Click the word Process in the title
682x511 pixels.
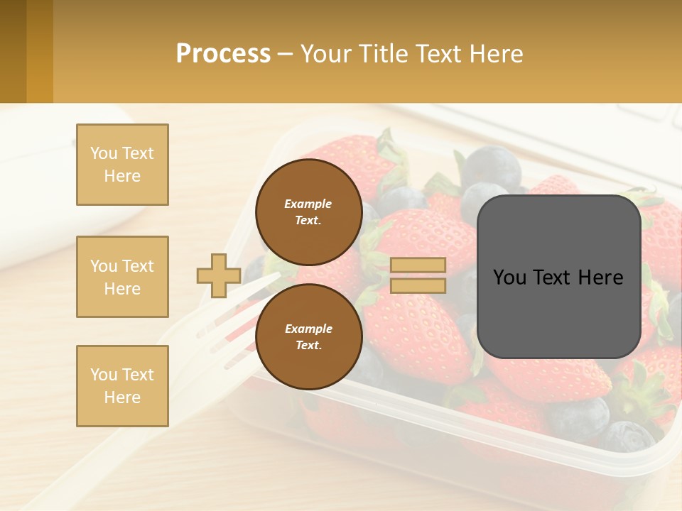223,54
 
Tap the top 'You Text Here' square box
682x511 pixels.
122,165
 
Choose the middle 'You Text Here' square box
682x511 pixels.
122,277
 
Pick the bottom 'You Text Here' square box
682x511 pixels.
122,386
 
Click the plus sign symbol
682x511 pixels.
219,275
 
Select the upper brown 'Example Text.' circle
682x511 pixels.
308,211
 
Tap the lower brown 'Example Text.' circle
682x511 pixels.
308,336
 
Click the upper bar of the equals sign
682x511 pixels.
418,265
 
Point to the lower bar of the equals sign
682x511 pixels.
418,286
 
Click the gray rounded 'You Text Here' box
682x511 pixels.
558,277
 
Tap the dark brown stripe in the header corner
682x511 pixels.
13,51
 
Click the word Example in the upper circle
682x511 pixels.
308,204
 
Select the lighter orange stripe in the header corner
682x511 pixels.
40,51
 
